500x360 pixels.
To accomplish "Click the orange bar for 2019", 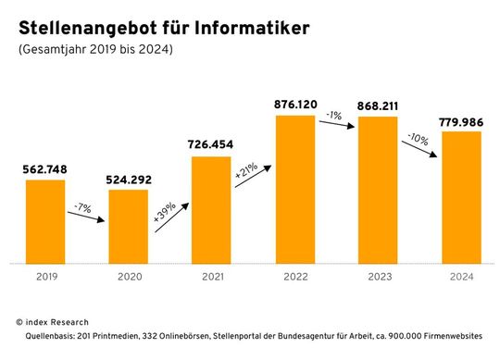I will [x=44, y=221].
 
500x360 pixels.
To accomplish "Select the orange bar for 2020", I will [x=128, y=226].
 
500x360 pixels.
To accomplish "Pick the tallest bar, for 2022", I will [x=294, y=189].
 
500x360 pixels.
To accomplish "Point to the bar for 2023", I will [x=378, y=190].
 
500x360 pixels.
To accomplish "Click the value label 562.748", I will [x=44, y=168].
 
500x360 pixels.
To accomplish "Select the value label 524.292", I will [x=128, y=179].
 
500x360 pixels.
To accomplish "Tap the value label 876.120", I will [x=294, y=105].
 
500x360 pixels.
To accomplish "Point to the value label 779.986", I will [x=461, y=120].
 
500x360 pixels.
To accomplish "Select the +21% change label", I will [x=246, y=171].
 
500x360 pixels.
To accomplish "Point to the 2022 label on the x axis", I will [x=294, y=276].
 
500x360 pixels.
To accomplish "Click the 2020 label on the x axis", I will [x=128, y=276].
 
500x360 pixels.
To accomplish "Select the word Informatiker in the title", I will [x=249, y=29].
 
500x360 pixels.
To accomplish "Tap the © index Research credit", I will [x=54, y=320].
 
